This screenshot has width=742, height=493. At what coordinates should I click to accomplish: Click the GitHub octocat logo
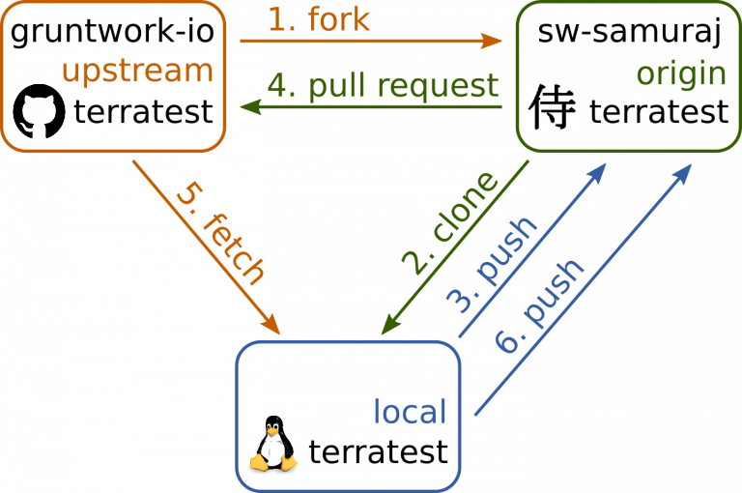click(39, 111)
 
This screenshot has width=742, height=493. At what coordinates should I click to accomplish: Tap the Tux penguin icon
click(273, 444)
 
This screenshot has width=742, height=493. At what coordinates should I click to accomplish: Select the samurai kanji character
click(553, 107)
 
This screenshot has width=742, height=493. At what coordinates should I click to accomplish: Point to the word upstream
click(138, 72)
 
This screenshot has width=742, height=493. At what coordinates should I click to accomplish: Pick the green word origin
click(681, 74)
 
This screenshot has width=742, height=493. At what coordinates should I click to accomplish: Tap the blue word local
click(410, 411)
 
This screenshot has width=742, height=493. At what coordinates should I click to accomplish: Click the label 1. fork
click(319, 19)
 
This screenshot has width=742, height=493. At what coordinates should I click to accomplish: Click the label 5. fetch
click(220, 234)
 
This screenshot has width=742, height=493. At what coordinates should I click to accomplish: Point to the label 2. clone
click(450, 222)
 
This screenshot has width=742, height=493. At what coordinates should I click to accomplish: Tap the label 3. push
click(492, 265)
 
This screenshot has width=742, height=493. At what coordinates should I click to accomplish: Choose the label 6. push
click(539, 306)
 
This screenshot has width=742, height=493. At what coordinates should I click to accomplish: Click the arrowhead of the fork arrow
click(492, 41)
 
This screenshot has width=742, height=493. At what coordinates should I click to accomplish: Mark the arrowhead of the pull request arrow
click(251, 107)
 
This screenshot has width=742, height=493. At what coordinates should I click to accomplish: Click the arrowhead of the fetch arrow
click(271, 326)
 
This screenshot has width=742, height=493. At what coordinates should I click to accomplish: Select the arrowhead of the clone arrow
click(390, 326)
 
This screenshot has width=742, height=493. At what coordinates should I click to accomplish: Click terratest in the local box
click(378, 452)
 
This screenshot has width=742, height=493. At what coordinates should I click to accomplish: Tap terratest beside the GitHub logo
click(143, 112)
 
